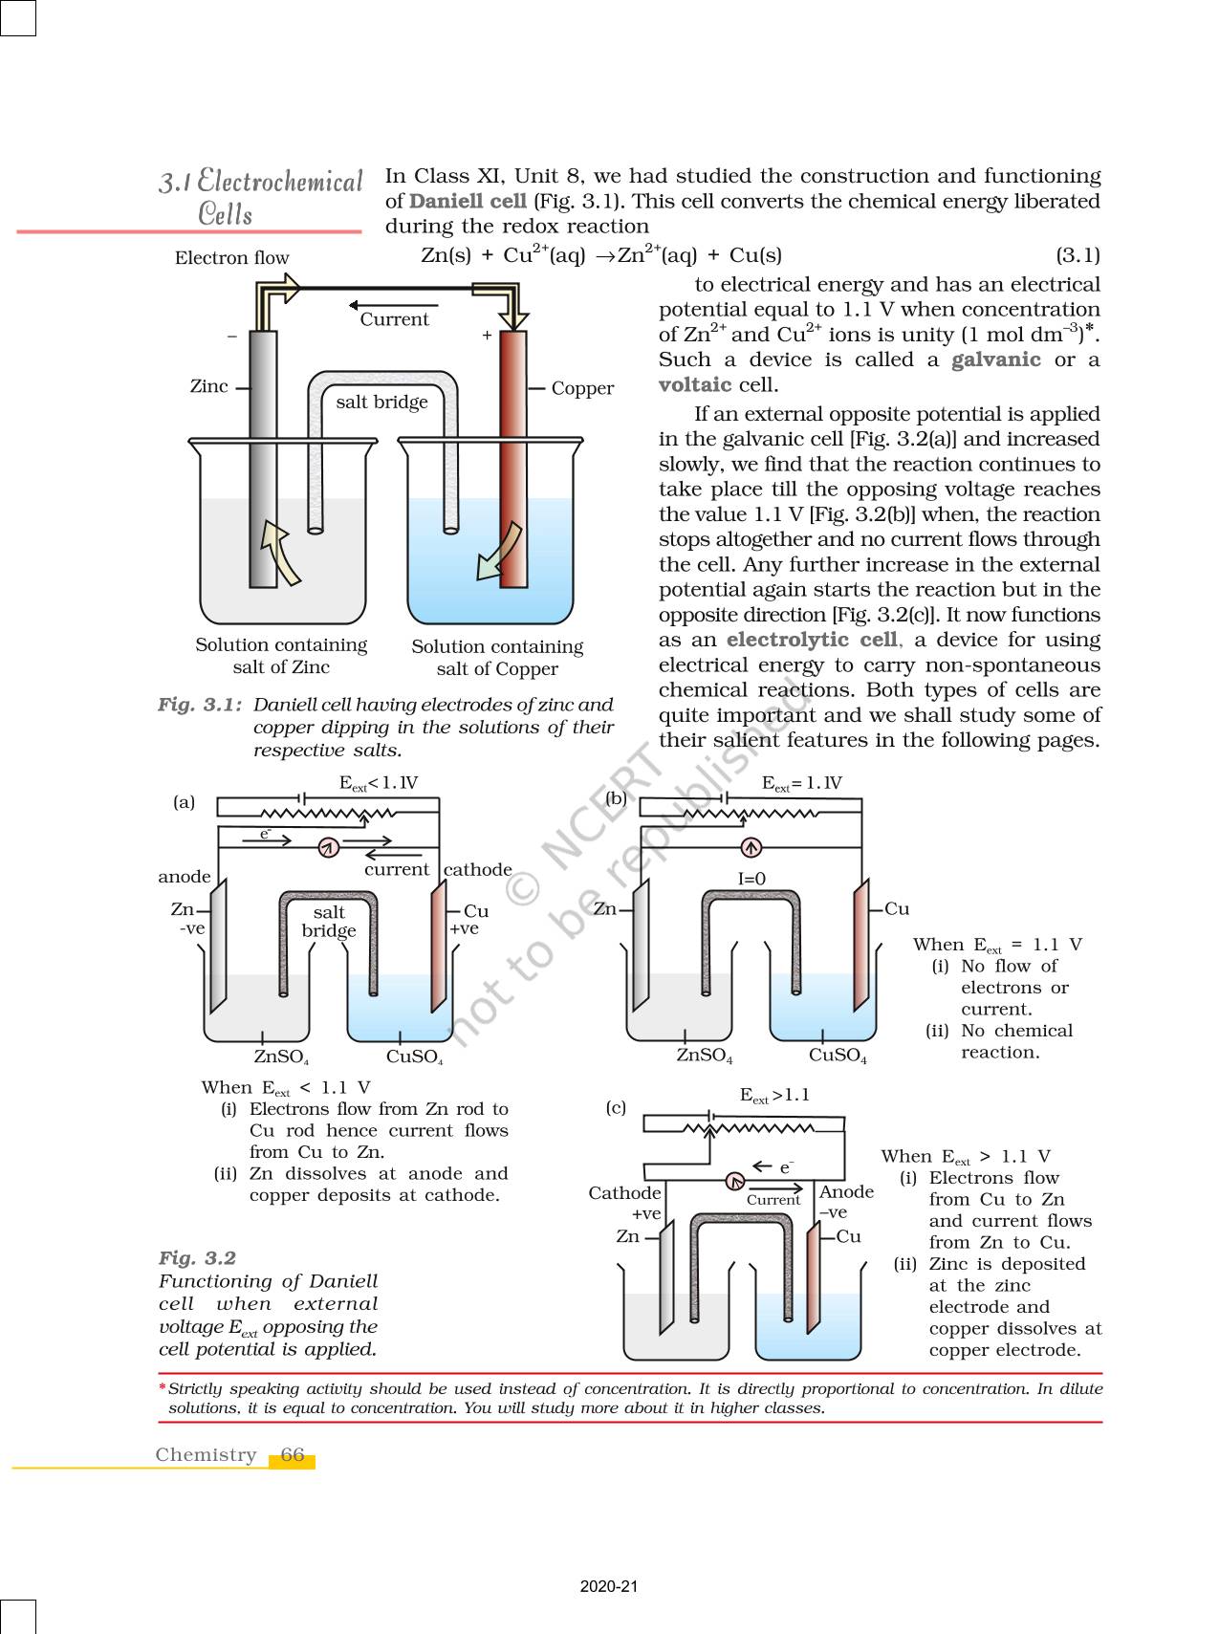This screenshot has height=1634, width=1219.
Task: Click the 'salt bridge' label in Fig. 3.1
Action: (x=381, y=403)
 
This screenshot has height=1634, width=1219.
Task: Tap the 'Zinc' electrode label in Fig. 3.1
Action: (x=208, y=386)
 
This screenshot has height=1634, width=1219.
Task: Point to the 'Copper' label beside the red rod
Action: (x=582, y=388)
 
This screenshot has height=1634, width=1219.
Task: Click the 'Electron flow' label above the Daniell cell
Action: (x=231, y=258)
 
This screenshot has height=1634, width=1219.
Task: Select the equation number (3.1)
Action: (x=1078, y=255)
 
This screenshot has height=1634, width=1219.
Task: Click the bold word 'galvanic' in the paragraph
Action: (x=995, y=359)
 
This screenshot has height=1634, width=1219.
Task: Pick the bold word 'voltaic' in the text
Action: (x=695, y=384)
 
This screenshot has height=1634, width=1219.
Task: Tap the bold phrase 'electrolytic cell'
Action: (x=812, y=640)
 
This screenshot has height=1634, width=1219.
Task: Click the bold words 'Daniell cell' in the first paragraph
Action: (x=468, y=201)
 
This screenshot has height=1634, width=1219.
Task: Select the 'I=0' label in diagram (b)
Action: (x=751, y=879)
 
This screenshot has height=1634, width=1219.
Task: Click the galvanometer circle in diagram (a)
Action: (x=328, y=847)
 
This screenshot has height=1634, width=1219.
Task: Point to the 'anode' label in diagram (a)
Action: (x=185, y=877)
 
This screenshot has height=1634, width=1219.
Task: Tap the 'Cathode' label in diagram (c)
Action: (x=624, y=1192)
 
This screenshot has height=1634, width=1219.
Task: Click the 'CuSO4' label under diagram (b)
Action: (x=838, y=1056)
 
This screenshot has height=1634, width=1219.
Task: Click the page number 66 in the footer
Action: (x=293, y=1454)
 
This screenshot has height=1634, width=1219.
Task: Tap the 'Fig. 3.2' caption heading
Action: (x=197, y=1258)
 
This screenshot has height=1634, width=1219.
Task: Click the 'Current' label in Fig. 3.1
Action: (x=394, y=319)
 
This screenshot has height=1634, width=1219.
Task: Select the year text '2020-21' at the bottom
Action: (x=608, y=1586)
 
